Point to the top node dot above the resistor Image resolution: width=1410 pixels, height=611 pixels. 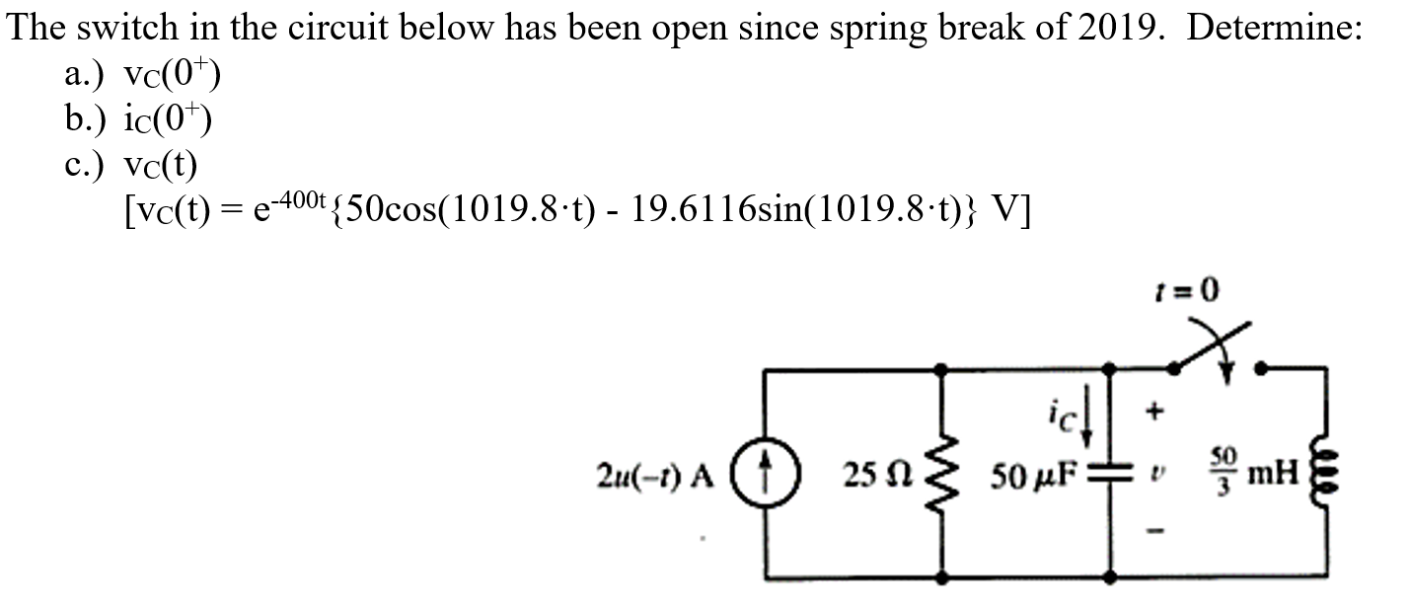(x=945, y=369)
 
